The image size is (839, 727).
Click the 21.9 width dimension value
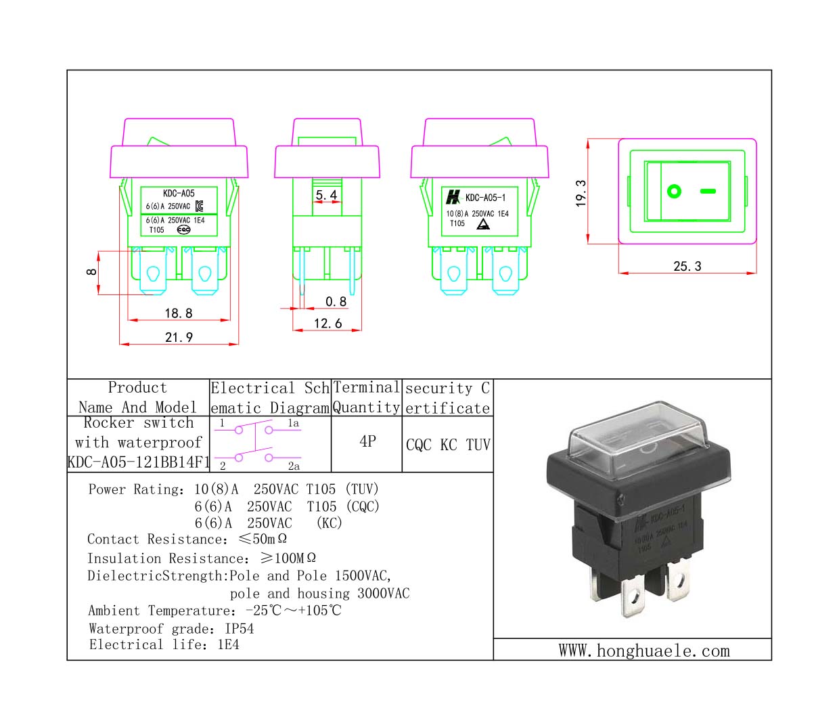[179, 337]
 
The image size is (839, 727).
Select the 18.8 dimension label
[179, 313]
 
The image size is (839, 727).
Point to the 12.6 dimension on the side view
[327, 324]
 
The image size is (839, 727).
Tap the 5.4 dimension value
[326, 195]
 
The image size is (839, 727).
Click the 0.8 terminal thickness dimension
[336, 302]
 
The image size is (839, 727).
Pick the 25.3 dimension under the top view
[687, 266]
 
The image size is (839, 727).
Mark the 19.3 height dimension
[581, 193]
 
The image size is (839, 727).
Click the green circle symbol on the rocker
[674, 192]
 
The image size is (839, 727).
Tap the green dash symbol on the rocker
[708, 192]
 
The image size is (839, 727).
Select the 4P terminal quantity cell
[367, 441]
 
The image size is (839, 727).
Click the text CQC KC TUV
[448, 445]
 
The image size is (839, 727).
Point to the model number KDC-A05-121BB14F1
[139, 462]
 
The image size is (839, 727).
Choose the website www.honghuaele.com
[644, 651]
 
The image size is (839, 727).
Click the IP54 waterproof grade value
[240, 628]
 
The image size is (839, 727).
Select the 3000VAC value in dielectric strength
[383, 594]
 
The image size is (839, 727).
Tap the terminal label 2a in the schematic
[294, 466]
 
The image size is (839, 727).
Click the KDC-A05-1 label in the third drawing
[485, 198]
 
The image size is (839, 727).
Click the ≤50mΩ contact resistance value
[263, 539]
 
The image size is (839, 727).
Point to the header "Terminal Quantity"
[366, 397]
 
